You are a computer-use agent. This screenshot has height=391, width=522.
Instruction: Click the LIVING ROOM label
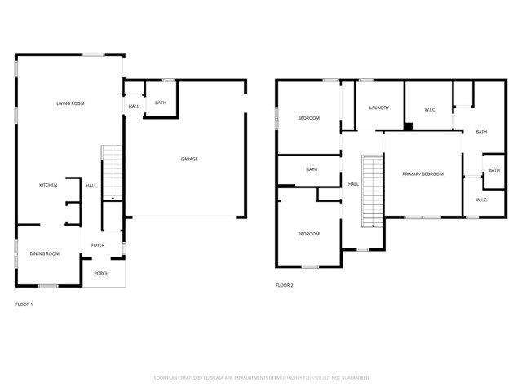pos(70,103)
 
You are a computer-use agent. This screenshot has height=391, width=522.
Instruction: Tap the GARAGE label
pos(189,159)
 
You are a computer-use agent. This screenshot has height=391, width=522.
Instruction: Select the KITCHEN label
pos(48,186)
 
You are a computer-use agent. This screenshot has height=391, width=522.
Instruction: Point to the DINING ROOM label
pos(46,254)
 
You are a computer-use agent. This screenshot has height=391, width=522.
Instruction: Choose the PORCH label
pos(101,274)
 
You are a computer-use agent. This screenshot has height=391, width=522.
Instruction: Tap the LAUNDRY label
pos(378,108)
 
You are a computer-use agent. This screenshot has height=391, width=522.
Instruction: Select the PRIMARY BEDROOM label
pos(422,174)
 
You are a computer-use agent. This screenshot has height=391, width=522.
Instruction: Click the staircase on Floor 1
pos(111,173)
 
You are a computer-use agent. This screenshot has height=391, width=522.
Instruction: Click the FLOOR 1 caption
pos(24,305)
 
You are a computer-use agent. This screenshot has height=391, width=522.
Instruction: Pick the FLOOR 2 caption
pos(284,285)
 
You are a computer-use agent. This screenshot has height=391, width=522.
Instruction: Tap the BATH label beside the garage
pos(161,103)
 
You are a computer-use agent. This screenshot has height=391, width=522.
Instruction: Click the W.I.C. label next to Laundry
pos(431,109)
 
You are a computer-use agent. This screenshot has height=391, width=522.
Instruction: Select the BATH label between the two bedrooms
pos(312,169)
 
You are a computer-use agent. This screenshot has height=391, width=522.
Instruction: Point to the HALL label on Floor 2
pos(353,184)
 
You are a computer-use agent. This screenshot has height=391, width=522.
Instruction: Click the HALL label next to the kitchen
pos(91,186)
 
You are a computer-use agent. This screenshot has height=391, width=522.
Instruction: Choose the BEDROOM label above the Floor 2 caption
pos(308,234)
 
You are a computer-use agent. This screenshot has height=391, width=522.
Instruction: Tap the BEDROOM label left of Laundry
pos(308,118)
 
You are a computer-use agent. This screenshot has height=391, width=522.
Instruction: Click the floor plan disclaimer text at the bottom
pos(261,378)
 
